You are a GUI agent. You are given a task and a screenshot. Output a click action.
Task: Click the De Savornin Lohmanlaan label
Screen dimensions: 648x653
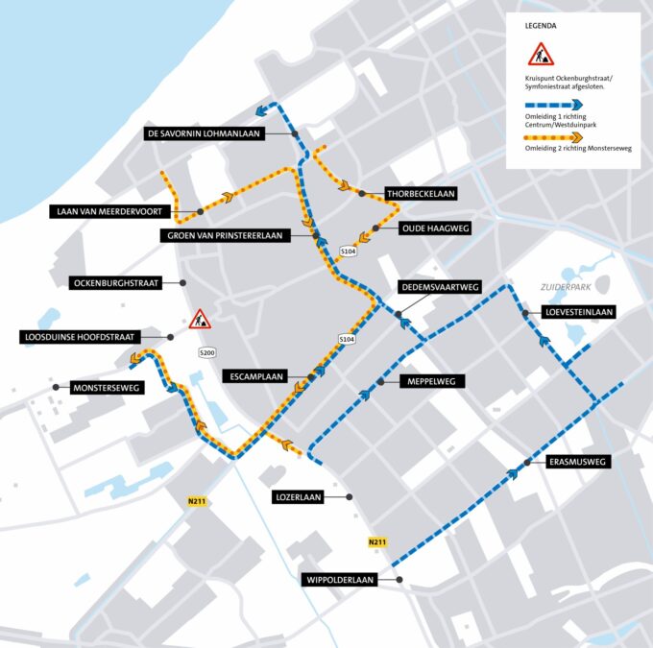(204, 133)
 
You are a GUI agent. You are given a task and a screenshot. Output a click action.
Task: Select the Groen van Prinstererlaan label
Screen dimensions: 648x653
(226, 235)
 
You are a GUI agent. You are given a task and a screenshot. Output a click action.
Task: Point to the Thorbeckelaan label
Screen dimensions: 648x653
(420, 193)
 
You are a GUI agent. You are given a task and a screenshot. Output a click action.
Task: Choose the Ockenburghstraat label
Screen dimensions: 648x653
(115, 283)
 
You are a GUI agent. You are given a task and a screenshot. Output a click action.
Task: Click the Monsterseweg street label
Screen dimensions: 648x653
(107, 388)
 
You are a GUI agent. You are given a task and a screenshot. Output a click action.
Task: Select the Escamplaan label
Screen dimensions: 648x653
(254, 376)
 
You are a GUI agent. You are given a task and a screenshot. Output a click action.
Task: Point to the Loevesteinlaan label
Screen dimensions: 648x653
(579, 312)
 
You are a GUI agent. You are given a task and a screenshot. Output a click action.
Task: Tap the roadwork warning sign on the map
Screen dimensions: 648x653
(199, 319)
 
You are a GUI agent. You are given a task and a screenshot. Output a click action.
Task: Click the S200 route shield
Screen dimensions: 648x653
(207, 353)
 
